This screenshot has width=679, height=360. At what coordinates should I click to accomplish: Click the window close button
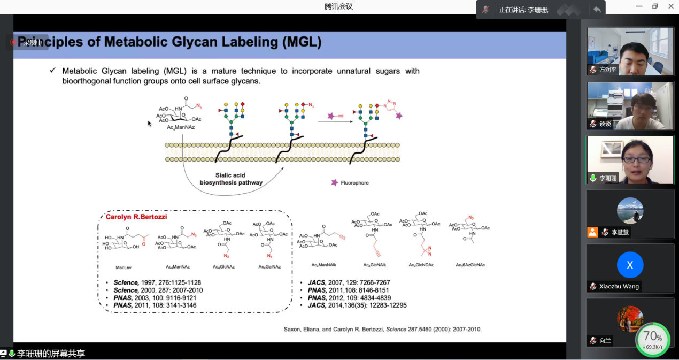pos(670,6)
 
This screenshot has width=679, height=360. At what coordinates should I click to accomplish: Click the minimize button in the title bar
pos(639,6)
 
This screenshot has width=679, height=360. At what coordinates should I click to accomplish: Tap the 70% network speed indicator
pos(652,339)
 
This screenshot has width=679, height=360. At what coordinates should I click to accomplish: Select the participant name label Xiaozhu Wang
pos(619,286)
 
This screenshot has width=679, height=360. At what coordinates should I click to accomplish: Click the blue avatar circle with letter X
pos(630,265)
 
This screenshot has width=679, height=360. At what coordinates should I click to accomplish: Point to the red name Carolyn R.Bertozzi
pos(136,217)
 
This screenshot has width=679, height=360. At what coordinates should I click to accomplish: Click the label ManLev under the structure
pos(124,267)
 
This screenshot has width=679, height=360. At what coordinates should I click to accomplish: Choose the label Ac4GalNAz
pos(269,266)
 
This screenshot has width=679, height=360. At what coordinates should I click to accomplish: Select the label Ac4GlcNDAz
pos(421,265)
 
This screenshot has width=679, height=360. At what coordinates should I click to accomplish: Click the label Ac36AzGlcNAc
pos(470,265)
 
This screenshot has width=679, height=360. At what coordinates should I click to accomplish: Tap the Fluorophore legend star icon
pos(335,182)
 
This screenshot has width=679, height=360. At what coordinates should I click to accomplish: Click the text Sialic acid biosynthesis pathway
pos(231,179)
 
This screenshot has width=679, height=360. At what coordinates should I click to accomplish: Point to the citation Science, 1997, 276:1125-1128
pos(157,282)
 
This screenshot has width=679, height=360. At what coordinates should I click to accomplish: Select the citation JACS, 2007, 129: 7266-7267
pos(349,282)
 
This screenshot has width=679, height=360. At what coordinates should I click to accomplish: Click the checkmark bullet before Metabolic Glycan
pos(52,71)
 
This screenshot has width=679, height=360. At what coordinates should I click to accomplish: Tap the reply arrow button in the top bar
pos(597,9)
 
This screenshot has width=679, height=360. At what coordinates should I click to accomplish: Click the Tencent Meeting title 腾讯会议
pos(338,6)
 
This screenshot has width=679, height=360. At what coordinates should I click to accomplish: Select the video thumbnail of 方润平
pos(630,51)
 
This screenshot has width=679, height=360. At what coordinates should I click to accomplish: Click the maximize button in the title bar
pos(655,6)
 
